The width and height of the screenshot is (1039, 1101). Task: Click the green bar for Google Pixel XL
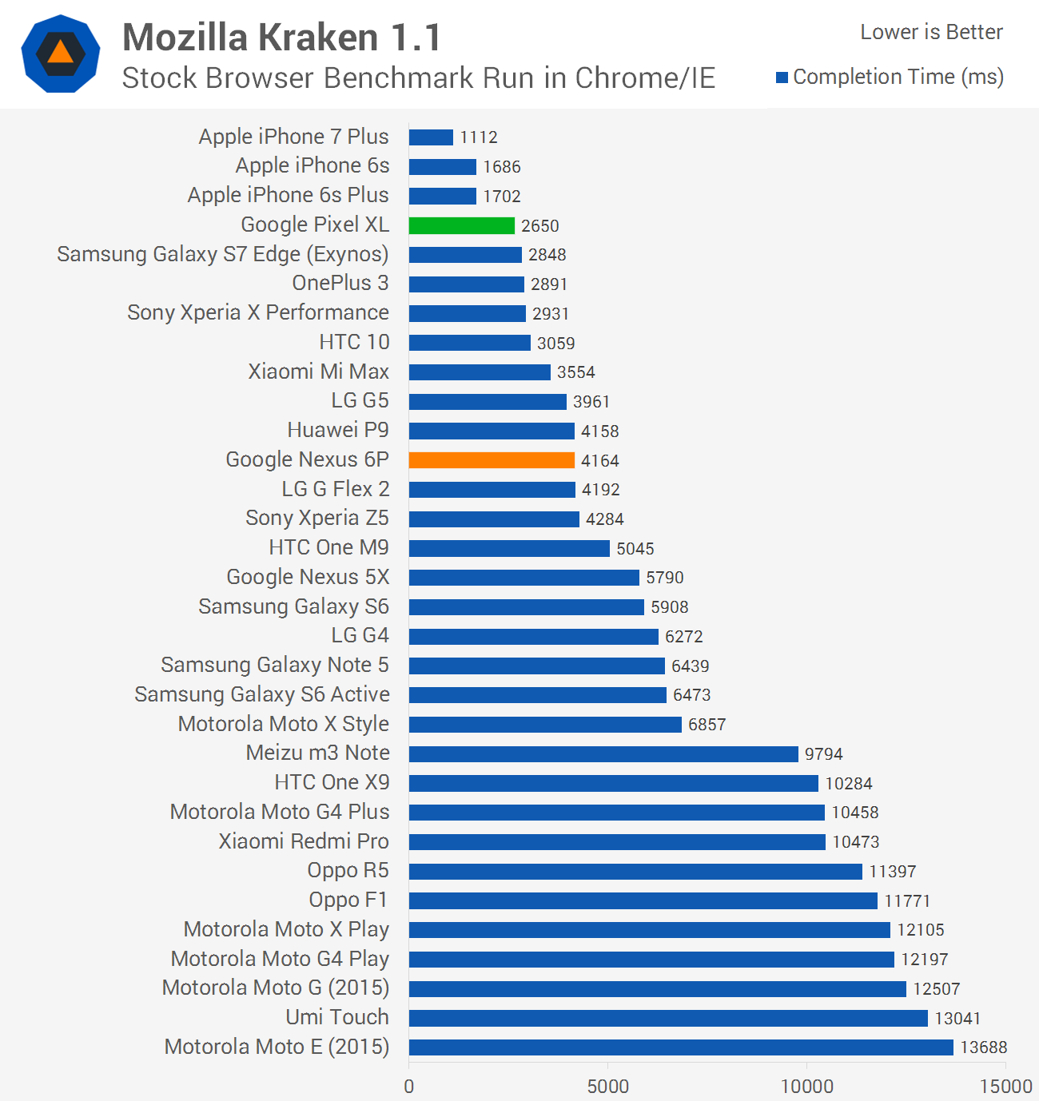click(x=461, y=225)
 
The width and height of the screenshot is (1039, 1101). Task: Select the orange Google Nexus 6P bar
click(x=492, y=460)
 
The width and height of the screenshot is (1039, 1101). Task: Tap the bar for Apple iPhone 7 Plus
click(x=431, y=137)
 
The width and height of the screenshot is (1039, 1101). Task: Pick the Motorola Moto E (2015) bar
click(x=681, y=1047)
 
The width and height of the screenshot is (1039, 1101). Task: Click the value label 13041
click(x=957, y=1018)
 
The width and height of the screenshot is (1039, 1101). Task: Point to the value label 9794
click(x=823, y=754)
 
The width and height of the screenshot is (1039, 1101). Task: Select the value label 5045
click(x=635, y=549)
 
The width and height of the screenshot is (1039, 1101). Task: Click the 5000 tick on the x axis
click(x=607, y=1087)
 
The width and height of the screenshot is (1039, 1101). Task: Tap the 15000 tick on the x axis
click(x=1005, y=1087)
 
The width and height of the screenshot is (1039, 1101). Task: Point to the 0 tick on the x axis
click(x=409, y=1087)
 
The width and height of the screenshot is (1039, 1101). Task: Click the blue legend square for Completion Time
click(x=782, y=78)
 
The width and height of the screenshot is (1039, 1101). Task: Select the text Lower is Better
click(x=931, y=32)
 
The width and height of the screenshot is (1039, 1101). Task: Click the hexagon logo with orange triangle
click(x=61, y=54)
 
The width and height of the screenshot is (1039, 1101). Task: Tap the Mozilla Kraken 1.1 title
click(x=281, y=38)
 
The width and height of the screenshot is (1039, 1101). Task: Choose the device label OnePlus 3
click(x=340, y=283)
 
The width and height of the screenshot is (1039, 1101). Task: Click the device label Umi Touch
click(x=337, y=1017)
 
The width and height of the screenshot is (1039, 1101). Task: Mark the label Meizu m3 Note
click(x=317, y=753)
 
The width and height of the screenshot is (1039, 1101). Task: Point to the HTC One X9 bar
click(x=613, y=783)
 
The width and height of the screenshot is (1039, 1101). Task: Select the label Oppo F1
click(x=348, y=900)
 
